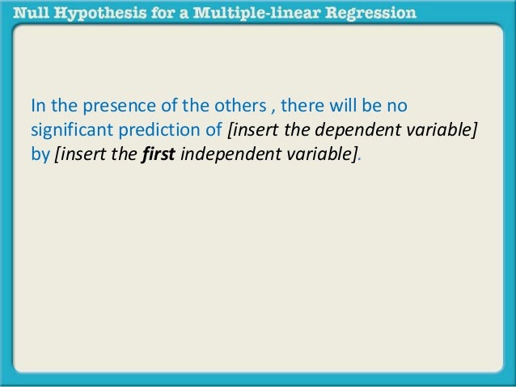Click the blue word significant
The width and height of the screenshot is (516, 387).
click(x=66, y=130)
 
